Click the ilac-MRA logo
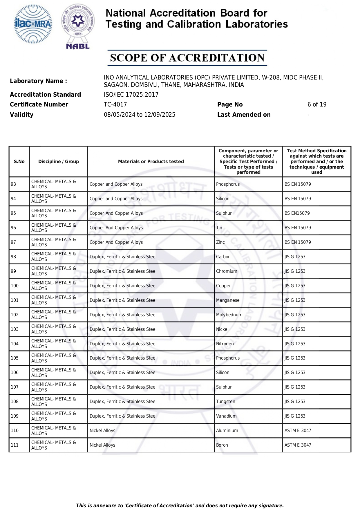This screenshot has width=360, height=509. (x=33, y=24)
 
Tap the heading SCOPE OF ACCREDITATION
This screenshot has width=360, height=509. (x=187, y=58)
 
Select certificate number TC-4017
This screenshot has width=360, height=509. (x=115, y=104)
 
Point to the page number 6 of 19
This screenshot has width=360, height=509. (x=317, y=104)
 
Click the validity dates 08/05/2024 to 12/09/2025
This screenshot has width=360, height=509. (x=140, y=115)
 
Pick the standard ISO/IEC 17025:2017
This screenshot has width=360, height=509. (x=131, y=95)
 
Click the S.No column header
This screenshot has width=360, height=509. (x=19, y=162)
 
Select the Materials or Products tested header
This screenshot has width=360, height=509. (x=151, y=162)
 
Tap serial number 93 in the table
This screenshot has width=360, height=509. (x=13, y=184)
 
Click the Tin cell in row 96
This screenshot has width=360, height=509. (x=219, y=228)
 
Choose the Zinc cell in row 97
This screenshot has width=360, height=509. (x=220, y=242)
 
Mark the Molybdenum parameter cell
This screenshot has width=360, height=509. (x=229, y=315)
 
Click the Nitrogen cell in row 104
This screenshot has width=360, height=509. (x=225, y=344)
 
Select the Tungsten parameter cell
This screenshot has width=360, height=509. (x=226, y=402)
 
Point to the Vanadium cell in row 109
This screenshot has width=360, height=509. (x=226, y=416)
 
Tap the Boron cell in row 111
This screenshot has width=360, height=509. (x=222, y=445)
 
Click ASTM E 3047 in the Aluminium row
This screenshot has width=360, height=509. (x=298, y=431)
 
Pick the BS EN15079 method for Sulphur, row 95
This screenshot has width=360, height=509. (x=297, y=213)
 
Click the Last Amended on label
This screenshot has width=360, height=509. (x=244, y=115)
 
